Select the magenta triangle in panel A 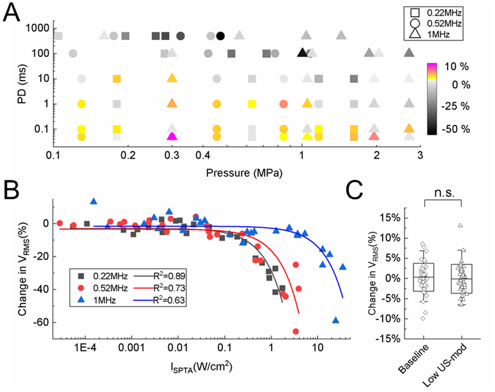172,136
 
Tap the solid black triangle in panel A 302,53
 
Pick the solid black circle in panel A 220,36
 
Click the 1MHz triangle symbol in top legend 415,33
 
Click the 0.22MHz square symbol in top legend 415,13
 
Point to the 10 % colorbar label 456,66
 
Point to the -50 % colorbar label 455,129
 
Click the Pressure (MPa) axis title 244,173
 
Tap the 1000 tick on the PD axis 37,28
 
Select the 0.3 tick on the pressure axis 172,155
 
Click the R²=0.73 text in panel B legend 169,288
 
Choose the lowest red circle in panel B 296,331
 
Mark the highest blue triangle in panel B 94,201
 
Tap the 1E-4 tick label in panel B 85,347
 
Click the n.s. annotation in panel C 444,193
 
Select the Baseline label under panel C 413,359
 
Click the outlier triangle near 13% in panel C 460,225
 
